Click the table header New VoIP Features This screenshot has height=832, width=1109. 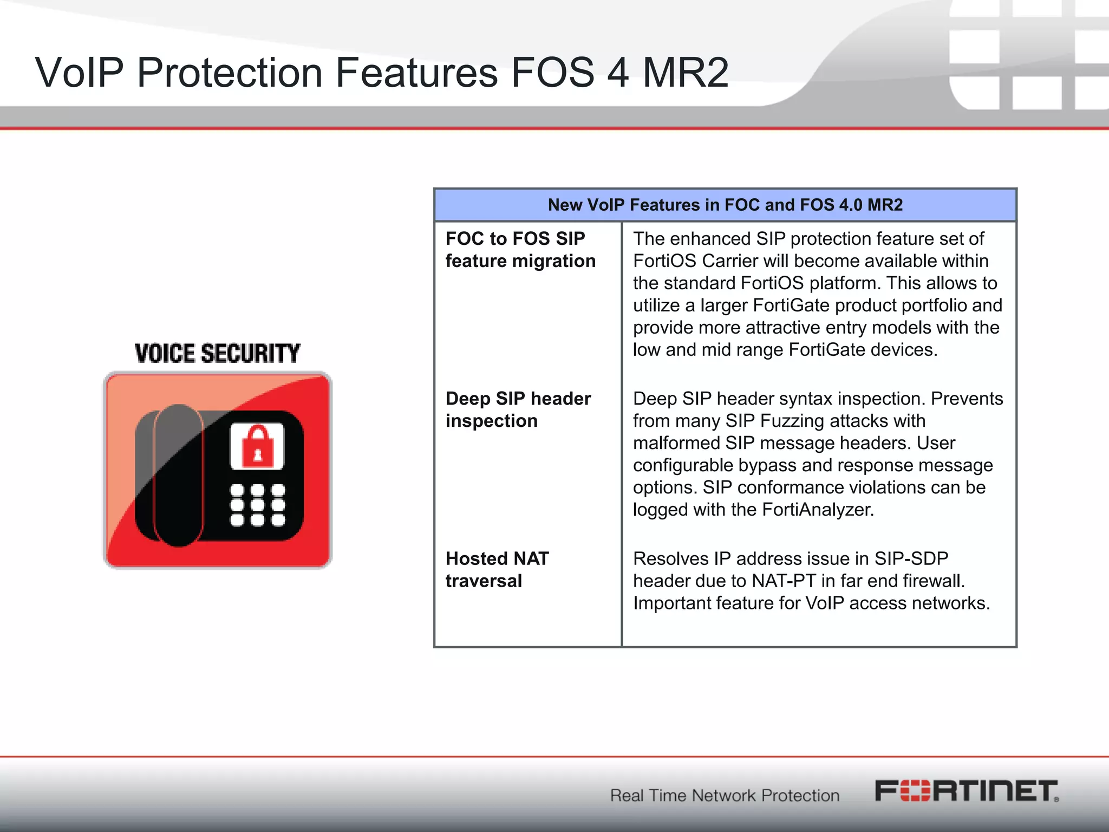725,205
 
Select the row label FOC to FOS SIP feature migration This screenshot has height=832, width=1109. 520,250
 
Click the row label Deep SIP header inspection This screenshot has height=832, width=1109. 518,409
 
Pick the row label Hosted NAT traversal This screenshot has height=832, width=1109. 497,569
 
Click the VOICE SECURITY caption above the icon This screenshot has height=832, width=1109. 217,353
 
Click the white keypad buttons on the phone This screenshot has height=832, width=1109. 257,505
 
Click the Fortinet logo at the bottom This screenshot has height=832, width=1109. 966,791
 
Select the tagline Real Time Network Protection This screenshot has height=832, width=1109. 725,795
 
